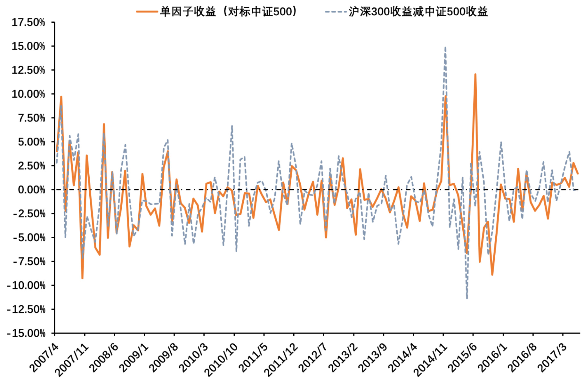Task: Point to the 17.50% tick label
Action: (28, 22)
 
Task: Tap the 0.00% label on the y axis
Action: (31, 190)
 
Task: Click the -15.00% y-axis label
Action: (26, 333)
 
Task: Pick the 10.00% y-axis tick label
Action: (28, 94)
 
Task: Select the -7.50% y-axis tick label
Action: (29, 262)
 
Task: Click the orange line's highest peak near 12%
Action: (475, 75)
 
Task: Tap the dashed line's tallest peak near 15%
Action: (445, 47)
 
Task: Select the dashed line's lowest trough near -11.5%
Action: (467, 298)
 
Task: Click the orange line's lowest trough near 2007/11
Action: (82, 278)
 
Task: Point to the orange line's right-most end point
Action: (578, 173)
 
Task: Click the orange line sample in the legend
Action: (147, 12)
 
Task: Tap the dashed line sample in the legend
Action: (336, 12)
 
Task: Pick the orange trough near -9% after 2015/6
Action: (492, 275)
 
